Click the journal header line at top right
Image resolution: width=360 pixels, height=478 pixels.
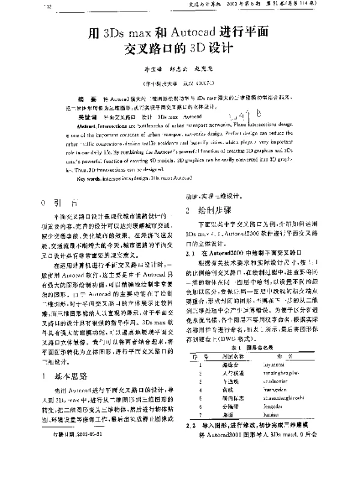click(273, 7)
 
